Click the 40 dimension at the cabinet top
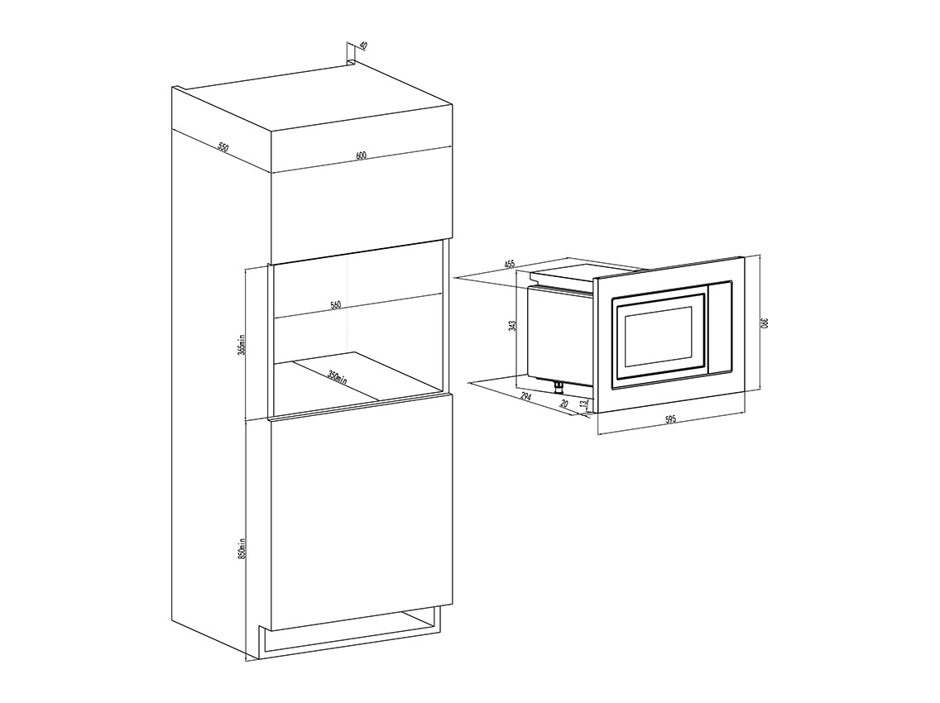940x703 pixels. pyautogui.click(x=362, y=47)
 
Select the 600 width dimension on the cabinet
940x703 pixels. pyautogui.click(x=361, y=156)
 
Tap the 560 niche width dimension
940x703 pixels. pyautogui.click(x=335, y=305)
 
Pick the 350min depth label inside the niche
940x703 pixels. pyautogui.click(x=336, y=380)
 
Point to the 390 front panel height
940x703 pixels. pyautogui.click(x=765, y=323)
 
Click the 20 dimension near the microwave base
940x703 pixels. pyautogui.click(x=564, y=404)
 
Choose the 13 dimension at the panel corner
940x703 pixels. pyautogui.click(x=584, y=404)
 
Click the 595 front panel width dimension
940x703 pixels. pyautogui.click(x=670, y=419)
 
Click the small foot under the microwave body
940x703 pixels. pyautogui.click(x=559, y=383)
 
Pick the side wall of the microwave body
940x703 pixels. pyautogui.click(x=559, y=334)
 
